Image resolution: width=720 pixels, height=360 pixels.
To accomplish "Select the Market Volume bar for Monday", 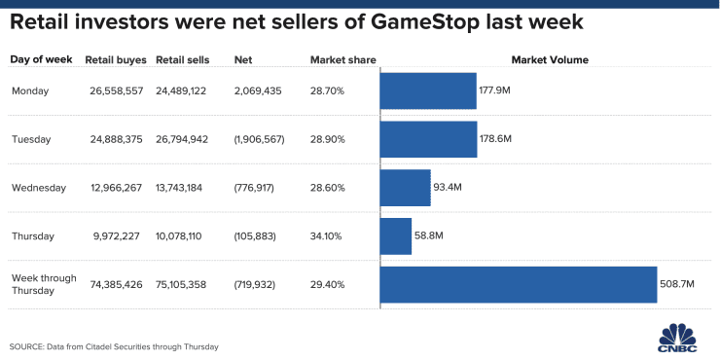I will [428, 90].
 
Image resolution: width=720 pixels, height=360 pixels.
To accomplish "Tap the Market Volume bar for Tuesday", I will [428, 139].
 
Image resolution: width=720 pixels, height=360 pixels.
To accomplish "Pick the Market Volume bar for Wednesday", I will [405, 187].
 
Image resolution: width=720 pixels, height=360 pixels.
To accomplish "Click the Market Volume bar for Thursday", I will [396, 235].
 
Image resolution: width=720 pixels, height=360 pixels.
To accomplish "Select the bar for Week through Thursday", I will [519, 284].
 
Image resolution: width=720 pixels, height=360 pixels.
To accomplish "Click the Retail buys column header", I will [116, 60].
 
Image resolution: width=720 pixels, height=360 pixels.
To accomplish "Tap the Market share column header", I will [336, 60].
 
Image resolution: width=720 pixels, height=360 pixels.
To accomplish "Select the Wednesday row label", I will [38, 187].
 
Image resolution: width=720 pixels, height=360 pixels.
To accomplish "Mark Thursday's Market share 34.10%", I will [327, 235].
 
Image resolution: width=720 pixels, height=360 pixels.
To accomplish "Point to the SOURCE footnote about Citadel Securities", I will [114, 346].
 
